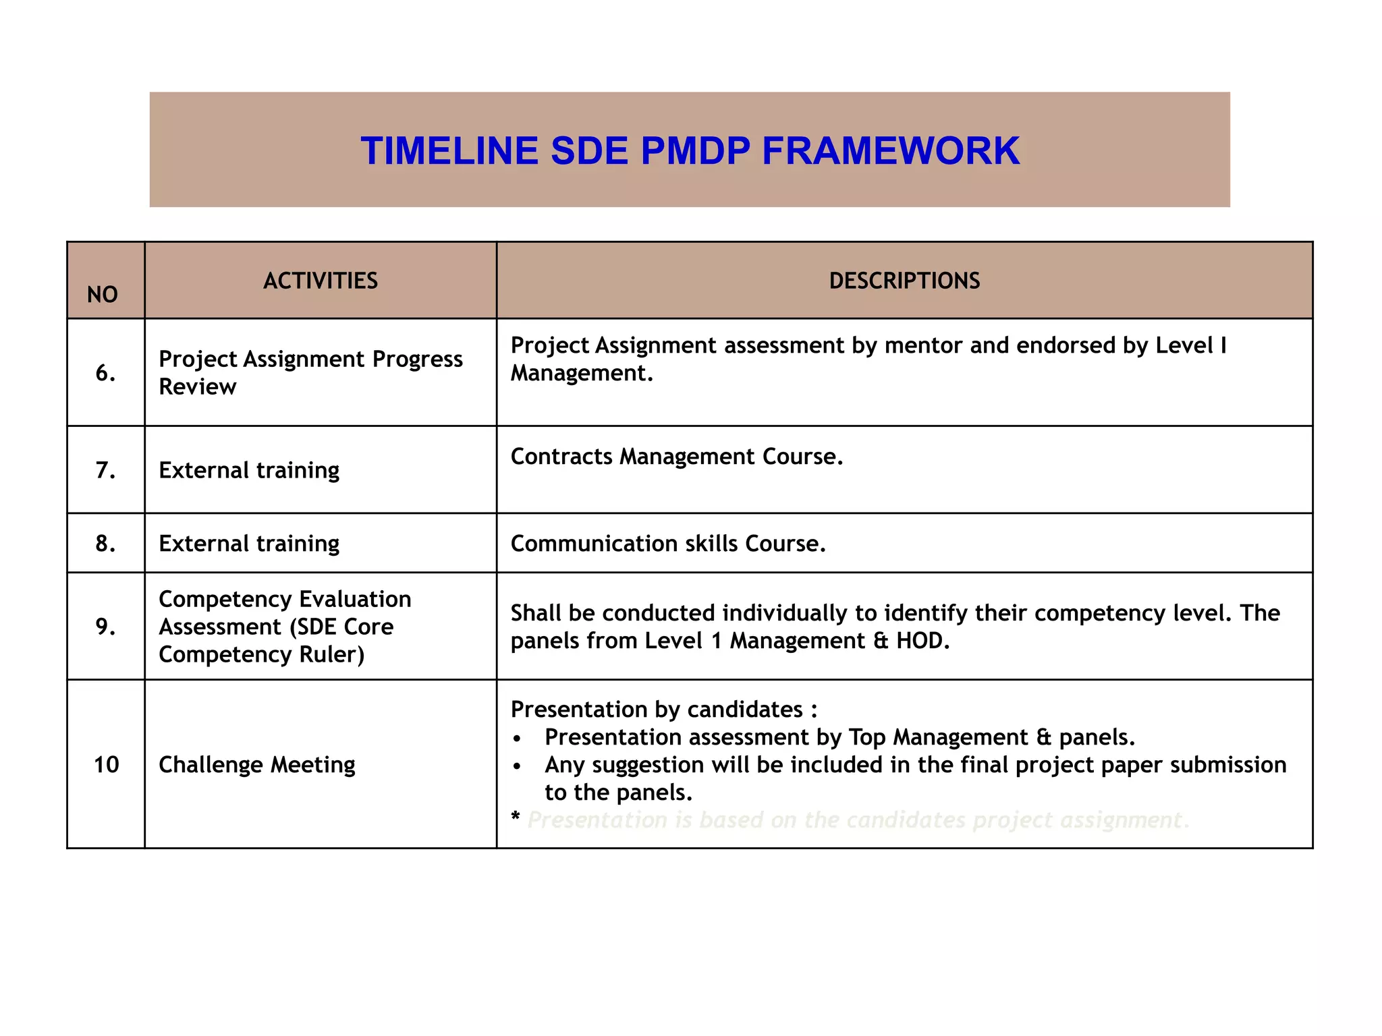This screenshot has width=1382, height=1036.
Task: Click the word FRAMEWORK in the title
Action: pos(891,150)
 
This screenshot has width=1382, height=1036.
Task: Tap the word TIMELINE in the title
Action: pos(449,150)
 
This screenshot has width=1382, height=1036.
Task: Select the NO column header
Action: pos(103,295)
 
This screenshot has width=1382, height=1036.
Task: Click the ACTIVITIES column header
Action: pos(321,281)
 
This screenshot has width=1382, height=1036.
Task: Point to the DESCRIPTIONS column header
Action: pos(904,281)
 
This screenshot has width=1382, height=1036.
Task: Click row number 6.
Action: pos(105,372)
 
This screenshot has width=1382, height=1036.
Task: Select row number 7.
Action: pos(105,469)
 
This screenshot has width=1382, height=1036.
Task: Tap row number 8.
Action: pos(105,543)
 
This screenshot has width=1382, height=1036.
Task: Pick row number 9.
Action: pos(105,627)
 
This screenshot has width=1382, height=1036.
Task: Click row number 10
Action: pos(106,764)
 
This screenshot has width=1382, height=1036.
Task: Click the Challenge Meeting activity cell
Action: pos(256,764)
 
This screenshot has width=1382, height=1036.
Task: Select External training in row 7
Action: pos(249,470)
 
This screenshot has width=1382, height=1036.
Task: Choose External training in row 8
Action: pos(249,544)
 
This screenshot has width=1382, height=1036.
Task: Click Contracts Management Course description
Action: pos(677,457)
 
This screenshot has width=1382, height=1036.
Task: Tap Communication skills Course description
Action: pos(668,544)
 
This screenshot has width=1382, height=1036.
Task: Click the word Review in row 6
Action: pos(198,387)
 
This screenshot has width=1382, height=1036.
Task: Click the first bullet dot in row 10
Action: pos(517,739)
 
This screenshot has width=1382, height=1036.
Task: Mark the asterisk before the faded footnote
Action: pos(516,817)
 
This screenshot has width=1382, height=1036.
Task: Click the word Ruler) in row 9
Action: pos(332,655)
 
